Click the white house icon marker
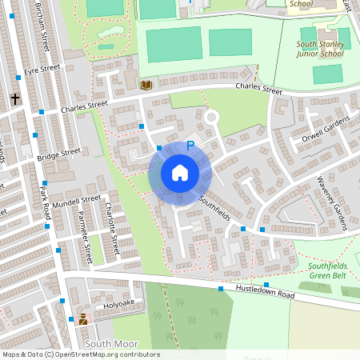coord(180,173)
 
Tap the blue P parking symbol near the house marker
coord(190,146)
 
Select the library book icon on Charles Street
coord(146,84)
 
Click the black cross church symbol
coord(14,98)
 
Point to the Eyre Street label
coord(42,70)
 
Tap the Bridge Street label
coord(59,154)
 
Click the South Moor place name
coord(108,343)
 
